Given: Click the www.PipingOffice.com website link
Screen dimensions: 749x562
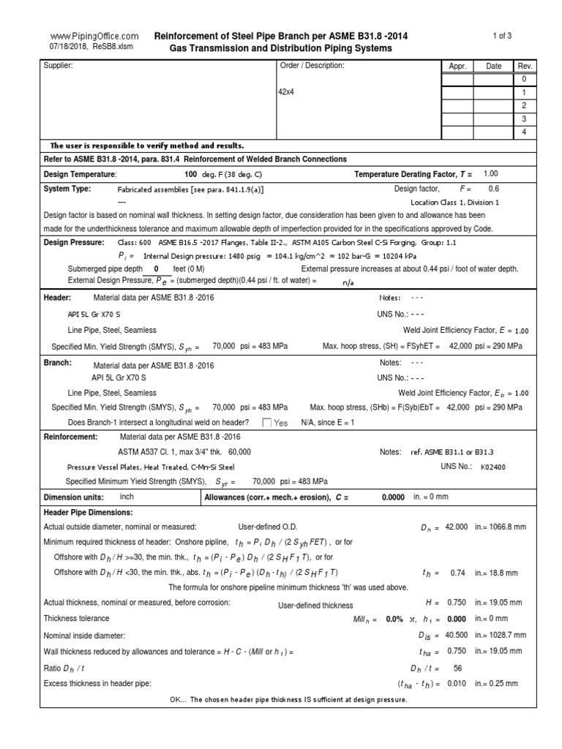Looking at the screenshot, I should (x=94, y=36).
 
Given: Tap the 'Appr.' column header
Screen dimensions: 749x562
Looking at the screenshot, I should (x=458, y=66).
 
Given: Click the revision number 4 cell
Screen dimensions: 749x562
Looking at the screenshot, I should (x=523, y=132).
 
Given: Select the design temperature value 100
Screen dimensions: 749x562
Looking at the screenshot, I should (x=191, y=174).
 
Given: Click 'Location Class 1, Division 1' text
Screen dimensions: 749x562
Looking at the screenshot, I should (x=454, y=202).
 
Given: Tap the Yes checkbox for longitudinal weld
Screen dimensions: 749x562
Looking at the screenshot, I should (x=267, y=423).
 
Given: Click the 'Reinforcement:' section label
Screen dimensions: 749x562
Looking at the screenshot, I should (x=71, y=436).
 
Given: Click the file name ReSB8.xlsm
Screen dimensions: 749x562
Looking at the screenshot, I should (x=113, y=47).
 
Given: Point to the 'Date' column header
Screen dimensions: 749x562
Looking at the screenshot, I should (x=494, y=66).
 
